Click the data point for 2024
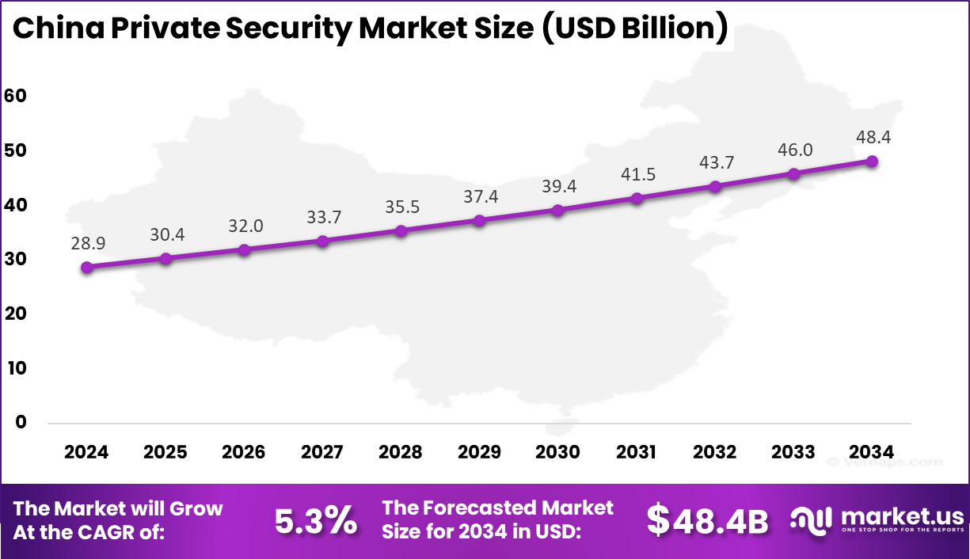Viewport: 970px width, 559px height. click(x=86, y=268)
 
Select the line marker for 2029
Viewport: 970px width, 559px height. click(x=479, y=220)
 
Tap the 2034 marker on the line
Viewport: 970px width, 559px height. click(x=872, y=162)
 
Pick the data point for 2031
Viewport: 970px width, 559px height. click(x=637, y=199)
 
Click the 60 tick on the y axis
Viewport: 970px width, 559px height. click(x=15, y=96)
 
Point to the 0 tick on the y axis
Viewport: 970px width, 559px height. click(x=21, y=423)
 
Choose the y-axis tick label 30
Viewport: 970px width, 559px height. click(x=15, y=259)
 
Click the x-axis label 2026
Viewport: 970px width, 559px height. click(x=244, y=452)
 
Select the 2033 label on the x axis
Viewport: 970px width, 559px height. click(x=793, y=452)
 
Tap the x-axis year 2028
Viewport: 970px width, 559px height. click(x=401, y=452)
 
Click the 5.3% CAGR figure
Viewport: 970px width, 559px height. click(x=316, y=521)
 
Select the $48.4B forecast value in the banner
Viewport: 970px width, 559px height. click(x=707, y=521)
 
